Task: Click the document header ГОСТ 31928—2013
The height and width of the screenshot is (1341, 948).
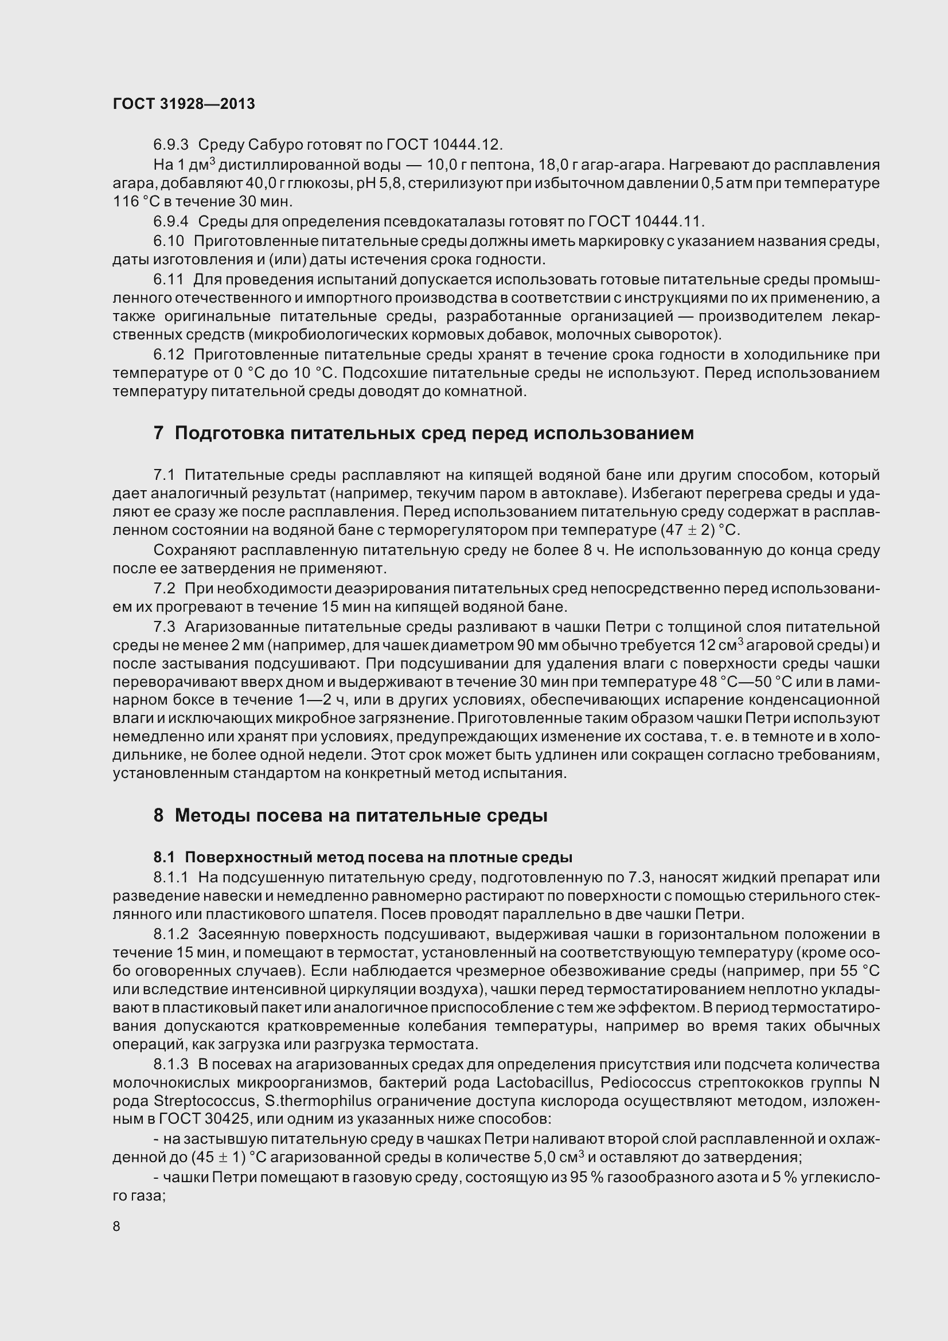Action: coord(184,104)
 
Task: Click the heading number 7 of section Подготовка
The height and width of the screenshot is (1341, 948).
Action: coord(158,433)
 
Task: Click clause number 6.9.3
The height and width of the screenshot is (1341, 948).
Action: coord(171,144)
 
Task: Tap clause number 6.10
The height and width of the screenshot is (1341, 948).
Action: coord(169,241)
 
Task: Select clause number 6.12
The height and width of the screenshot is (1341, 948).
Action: coord(169,354)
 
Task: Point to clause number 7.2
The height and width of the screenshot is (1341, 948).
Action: coord(164,588)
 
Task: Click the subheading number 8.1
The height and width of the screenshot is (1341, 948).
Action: coord(164,857)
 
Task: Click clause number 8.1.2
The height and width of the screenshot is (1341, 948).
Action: coord(171,934)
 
